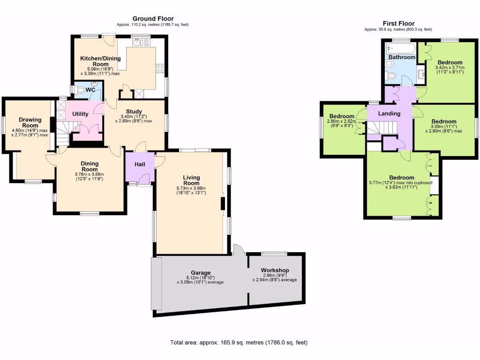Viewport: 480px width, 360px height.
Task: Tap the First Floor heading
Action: coord(398,23)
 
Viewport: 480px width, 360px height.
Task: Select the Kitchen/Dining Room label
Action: coord(100,61)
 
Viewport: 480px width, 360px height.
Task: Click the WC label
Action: coord(90,90)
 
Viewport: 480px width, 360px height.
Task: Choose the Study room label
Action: coord(134,111)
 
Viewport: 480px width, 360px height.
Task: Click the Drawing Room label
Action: coord(30,122)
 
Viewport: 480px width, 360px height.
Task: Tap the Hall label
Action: coord(140,165)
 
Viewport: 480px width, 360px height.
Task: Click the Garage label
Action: coord(200,272)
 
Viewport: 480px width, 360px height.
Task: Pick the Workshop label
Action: coord(275,270)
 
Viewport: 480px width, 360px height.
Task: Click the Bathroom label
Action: coord(402,57)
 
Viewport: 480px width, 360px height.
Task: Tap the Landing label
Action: coord(389,113)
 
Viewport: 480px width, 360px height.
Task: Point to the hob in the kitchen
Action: coord(159,68)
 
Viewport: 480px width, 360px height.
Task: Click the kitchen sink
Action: coord(138,43)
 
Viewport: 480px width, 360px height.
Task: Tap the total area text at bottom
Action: coord(239,343)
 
